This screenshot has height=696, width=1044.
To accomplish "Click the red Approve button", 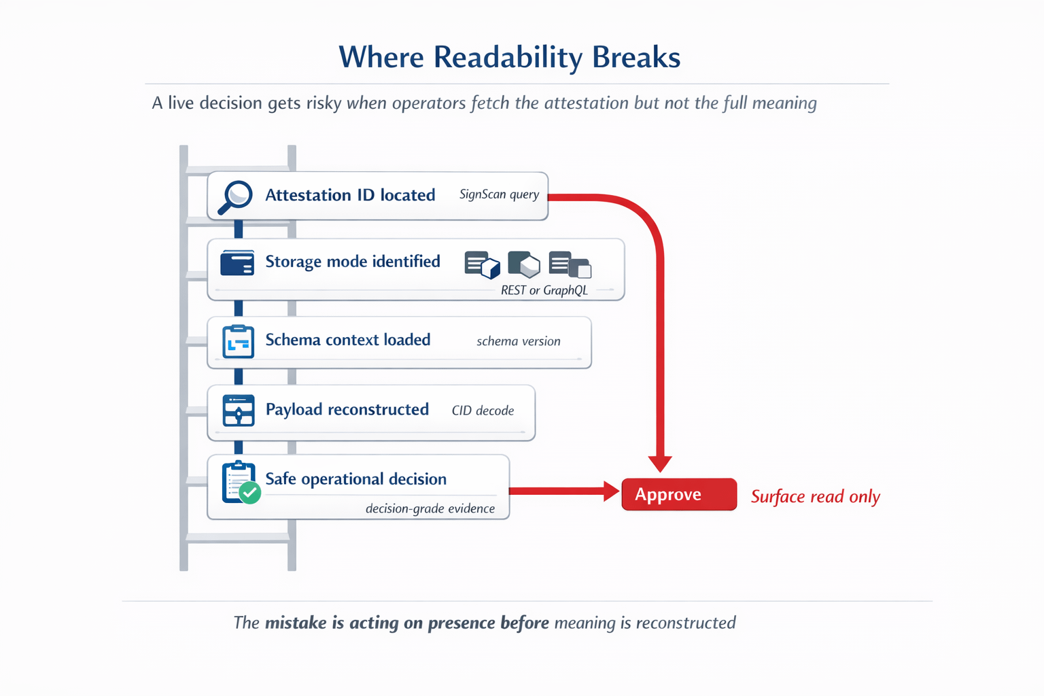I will [678, 494].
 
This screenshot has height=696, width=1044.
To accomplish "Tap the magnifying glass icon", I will [235, 196].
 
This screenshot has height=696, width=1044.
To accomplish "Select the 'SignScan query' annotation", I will [499, 194].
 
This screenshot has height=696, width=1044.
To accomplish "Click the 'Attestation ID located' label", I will [350, 195].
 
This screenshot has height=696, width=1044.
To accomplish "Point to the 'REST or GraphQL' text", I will [544, 290].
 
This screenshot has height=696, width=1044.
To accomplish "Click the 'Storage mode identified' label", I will [352, 262].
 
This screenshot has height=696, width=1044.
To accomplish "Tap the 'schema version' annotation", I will [518, 341].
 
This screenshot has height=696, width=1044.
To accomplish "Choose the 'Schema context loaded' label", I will [347, 340].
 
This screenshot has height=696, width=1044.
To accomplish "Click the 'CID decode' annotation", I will [483, 411].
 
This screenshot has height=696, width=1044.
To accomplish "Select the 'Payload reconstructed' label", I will [347, 409].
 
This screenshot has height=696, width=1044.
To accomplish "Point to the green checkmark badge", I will [250, 492].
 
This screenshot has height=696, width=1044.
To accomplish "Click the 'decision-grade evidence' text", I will [430, 508].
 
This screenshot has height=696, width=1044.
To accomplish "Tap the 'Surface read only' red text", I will [815, 497].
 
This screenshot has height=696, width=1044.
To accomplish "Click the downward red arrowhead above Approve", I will [659, 464].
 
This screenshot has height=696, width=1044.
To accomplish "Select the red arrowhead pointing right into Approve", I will [611, 491].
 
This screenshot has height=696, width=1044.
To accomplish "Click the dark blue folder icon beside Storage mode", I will [237, 263].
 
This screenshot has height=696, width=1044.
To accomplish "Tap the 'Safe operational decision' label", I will [355, 479].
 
